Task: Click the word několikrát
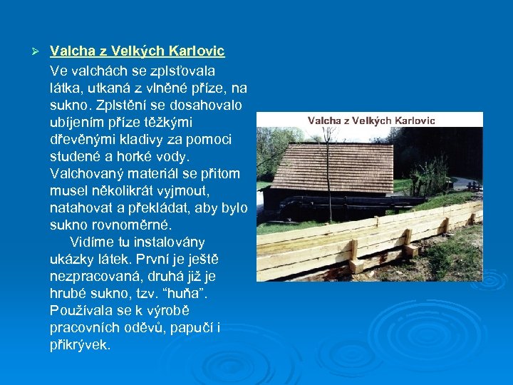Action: [135, 191]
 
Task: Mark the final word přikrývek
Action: [80, 345]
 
